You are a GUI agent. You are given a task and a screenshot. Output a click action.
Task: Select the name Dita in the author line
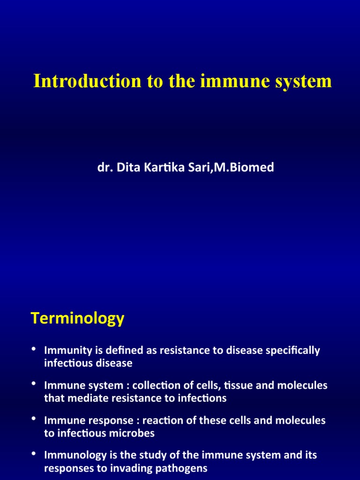click(x=123, y=168)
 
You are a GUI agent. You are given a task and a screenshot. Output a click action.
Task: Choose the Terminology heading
click(x=77, y=319)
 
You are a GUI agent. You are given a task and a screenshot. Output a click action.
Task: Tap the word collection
click(x=157, y=386)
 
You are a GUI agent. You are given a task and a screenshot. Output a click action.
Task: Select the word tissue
click(x=251, y=386)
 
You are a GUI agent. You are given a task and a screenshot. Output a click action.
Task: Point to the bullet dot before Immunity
click(x=34, y=349)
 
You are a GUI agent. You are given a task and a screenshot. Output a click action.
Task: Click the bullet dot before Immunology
click(x=34, y=454)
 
